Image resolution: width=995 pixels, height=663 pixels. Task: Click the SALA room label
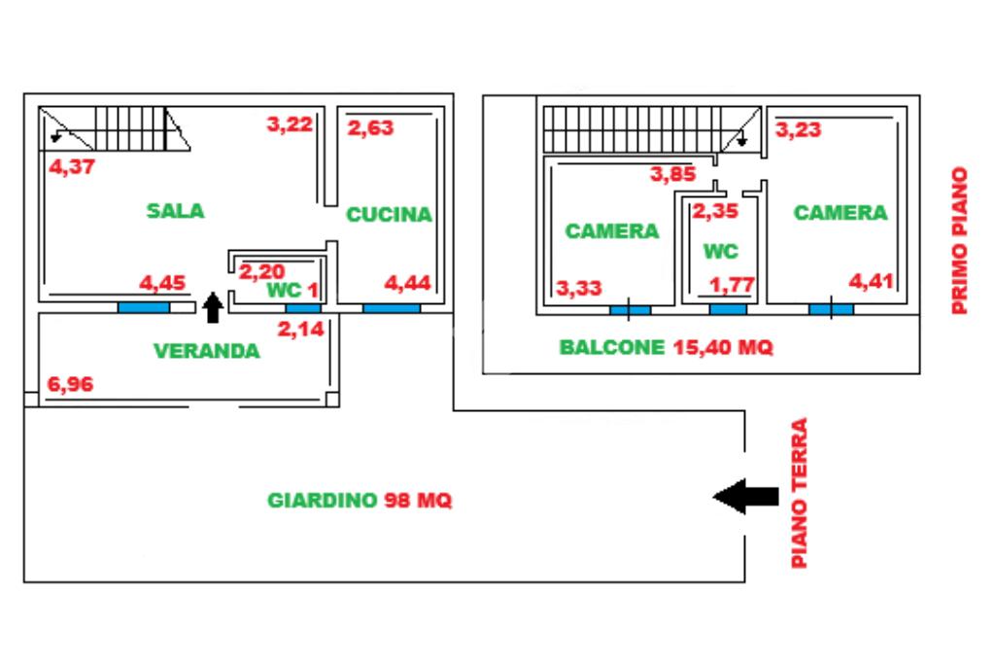tap(176, 210)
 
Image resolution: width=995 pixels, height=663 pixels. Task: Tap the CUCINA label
tap(389, 215)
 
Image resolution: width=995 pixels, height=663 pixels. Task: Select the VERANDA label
tap(207, 351)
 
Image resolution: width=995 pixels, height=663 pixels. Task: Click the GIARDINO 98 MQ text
tap(360, 501)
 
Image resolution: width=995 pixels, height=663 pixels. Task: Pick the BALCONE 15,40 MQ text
tap(667, 347)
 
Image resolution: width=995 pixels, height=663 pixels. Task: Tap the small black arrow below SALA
tap(213, 307)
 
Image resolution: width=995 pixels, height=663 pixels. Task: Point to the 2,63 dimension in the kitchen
tap(370, 127)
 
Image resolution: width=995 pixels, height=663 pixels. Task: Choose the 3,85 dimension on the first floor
tap(674, 175)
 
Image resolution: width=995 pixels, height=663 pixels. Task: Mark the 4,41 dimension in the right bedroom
tap(871, 283)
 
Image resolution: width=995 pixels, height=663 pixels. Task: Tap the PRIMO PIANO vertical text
tap(960, 240)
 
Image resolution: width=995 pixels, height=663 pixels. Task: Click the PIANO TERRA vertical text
tap(800, 493)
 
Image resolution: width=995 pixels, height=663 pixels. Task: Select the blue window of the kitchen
tap(392, 308)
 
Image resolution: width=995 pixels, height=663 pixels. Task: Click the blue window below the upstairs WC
tap(728, 309)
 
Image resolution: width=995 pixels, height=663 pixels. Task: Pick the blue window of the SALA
tap(144, 308)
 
